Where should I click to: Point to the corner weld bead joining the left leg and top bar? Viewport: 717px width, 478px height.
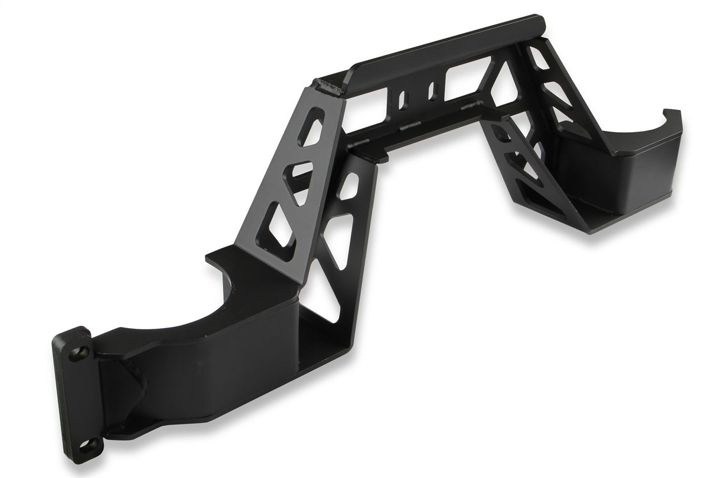tap(328, 89)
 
